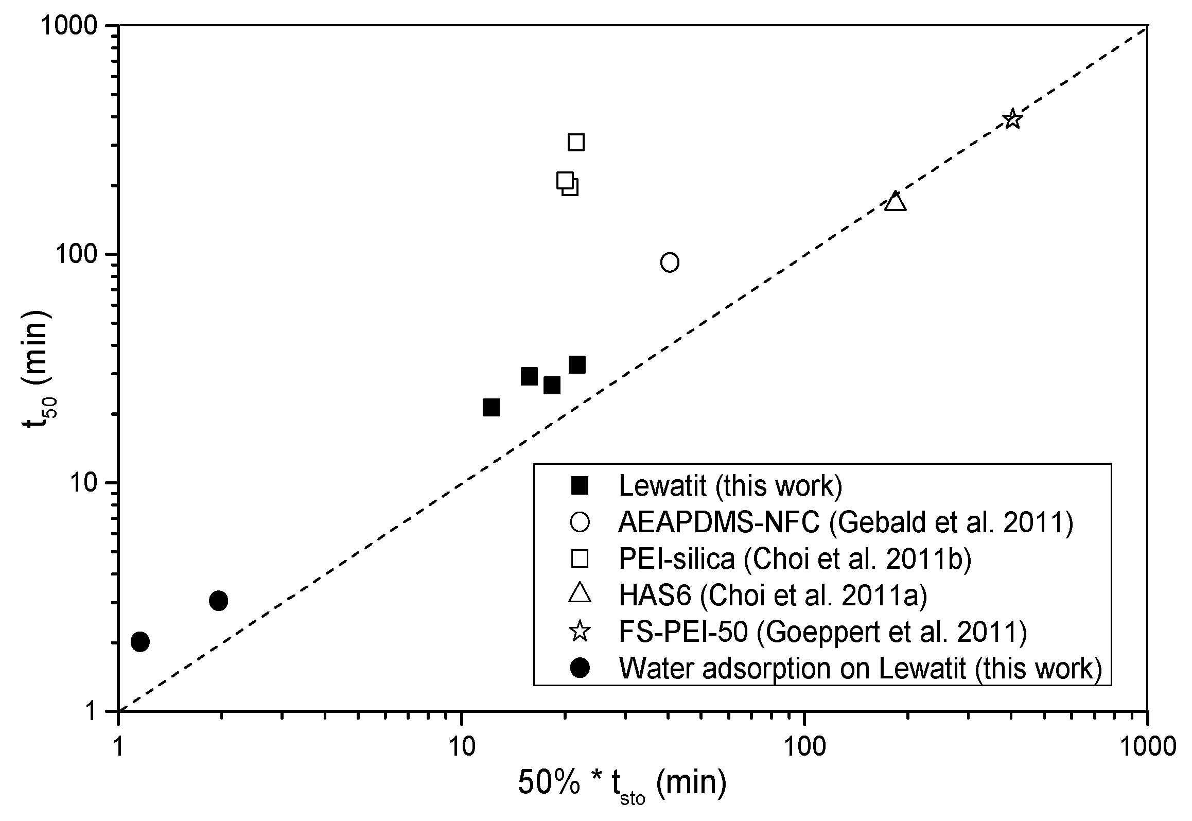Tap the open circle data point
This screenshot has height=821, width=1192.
pyautogui.click(x=669, y=263)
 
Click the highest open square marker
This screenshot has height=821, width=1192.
pyautogui.click(x=576, y=142)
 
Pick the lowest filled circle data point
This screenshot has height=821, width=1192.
pyautogui.click(x=140, y=642)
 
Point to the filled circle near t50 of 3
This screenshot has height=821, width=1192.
pyautogui.click(x=219, y=601)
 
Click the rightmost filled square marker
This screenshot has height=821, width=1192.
pyautogui.click(x=577, y=364)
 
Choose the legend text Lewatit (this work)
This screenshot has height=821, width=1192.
pyautogui.click(x=730, y=485)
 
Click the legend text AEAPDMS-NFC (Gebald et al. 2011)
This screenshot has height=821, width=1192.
pyautogui.click(x=845, y=522)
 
